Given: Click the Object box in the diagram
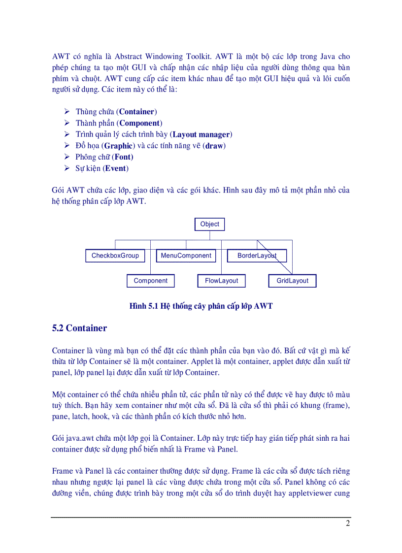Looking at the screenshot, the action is [x=210, y=225].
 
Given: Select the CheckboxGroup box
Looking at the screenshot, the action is [x=115, y=256].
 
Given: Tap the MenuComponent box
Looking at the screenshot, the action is [x=186, y=256].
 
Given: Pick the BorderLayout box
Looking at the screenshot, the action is [x=257, y=256].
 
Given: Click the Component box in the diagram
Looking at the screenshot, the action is [x=151, y=281].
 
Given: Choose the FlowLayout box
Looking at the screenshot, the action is [x=221, y=281].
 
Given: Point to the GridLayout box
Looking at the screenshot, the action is [x=292, y=281].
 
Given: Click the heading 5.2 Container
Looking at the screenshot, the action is [x=79, y=328].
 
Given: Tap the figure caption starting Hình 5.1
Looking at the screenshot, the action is [x=201, y=306].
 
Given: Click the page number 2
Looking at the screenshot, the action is [x=347, y=523].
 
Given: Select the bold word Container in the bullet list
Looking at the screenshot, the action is [x=137, y=112].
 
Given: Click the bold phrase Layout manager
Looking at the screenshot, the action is [x=201, y=134].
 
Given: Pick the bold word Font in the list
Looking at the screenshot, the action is [x=123, y=157].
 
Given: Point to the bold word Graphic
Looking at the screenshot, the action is [x=118, y=146].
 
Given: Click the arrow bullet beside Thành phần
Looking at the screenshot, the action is [x=67, y=123].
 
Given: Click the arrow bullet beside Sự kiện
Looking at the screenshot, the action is [x=67, y=168].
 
